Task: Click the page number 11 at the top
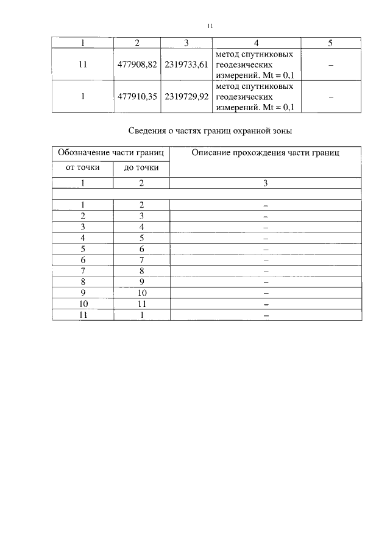210,26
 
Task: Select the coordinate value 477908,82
137,63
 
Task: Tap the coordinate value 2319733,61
186,63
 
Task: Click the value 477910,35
137,96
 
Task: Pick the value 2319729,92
186,96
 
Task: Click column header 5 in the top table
330,43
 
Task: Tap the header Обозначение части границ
111,152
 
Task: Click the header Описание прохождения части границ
266,152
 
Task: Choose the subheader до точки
141,167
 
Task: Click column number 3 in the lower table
266,182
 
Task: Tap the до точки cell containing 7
141,260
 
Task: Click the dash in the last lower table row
266,315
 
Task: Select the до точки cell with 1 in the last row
141,315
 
